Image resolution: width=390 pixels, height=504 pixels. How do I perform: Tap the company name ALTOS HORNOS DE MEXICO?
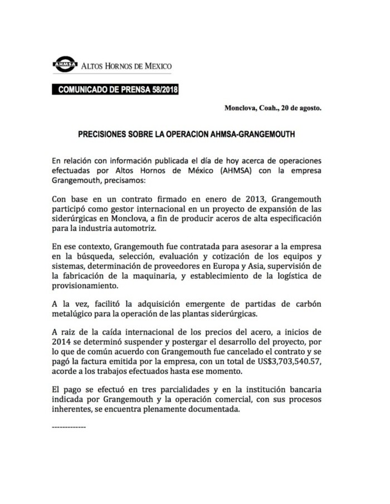point(127,66)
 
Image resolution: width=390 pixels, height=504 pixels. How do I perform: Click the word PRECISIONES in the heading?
point(108,135)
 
